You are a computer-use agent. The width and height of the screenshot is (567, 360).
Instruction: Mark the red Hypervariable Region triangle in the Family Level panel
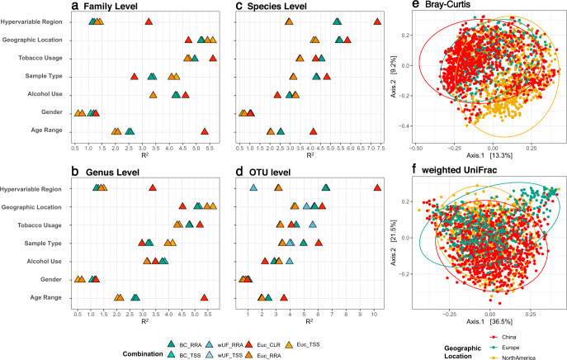tap(149, 21)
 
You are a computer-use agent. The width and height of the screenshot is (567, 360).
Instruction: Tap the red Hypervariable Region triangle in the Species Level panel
tap(377, 21)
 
